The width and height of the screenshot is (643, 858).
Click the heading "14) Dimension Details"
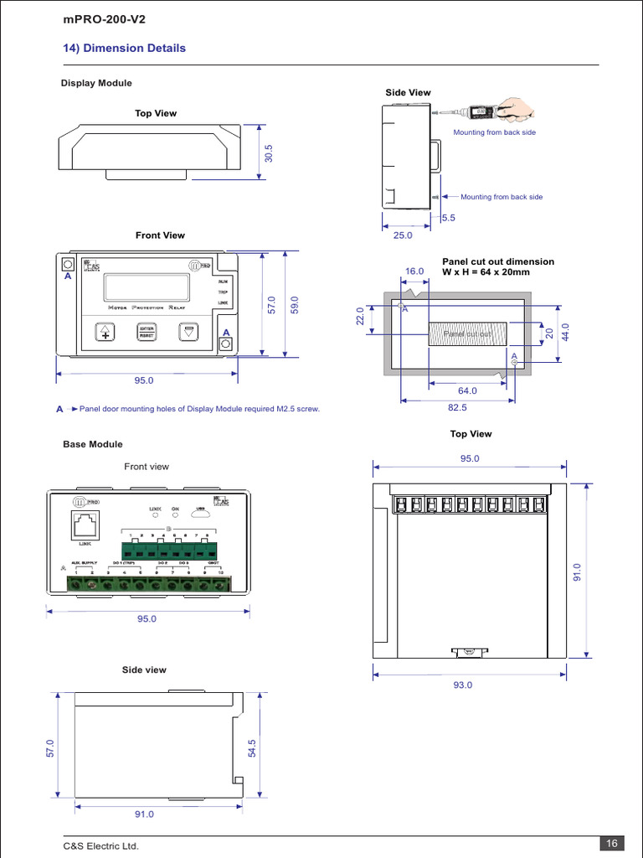tap(125, 48)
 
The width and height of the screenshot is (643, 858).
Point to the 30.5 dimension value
tap(269, 153)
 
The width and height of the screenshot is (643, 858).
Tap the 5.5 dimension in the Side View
tap(448, 218)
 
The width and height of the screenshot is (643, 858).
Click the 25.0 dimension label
tap(404, 235)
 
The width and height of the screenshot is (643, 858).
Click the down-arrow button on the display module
tap(189, 331)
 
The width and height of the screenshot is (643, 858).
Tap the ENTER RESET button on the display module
tap(147, 331)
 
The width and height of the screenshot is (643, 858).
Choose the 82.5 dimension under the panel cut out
tap(458, 407)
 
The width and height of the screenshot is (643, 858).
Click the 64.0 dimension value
tap(467, 390)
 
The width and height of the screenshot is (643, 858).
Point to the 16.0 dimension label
tap(415, 271)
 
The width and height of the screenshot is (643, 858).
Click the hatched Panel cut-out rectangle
tap(467, 334)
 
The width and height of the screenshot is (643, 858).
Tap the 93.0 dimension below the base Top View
tap(463, 685)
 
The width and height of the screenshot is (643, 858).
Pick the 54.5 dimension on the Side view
tap(252, 748)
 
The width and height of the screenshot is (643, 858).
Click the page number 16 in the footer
tap(610, 843)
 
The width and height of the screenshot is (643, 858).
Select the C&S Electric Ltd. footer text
tap(101, 846)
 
